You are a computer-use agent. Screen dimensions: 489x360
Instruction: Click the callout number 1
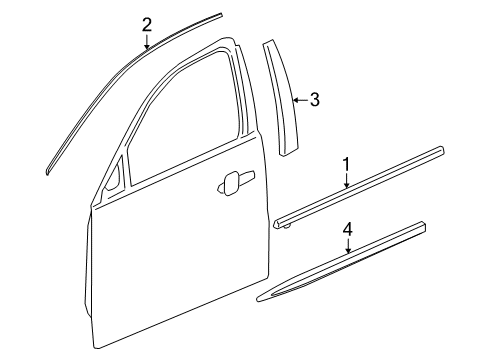pyautogui.click(x=347, y=163)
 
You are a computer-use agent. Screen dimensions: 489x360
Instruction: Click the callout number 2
pyautogui.click(x=147, y=25)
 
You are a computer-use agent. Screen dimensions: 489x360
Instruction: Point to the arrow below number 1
pyautogui.click(x=347, y=180)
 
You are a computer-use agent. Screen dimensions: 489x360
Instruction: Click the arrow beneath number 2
pyautogui.click(x=147, y=42)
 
